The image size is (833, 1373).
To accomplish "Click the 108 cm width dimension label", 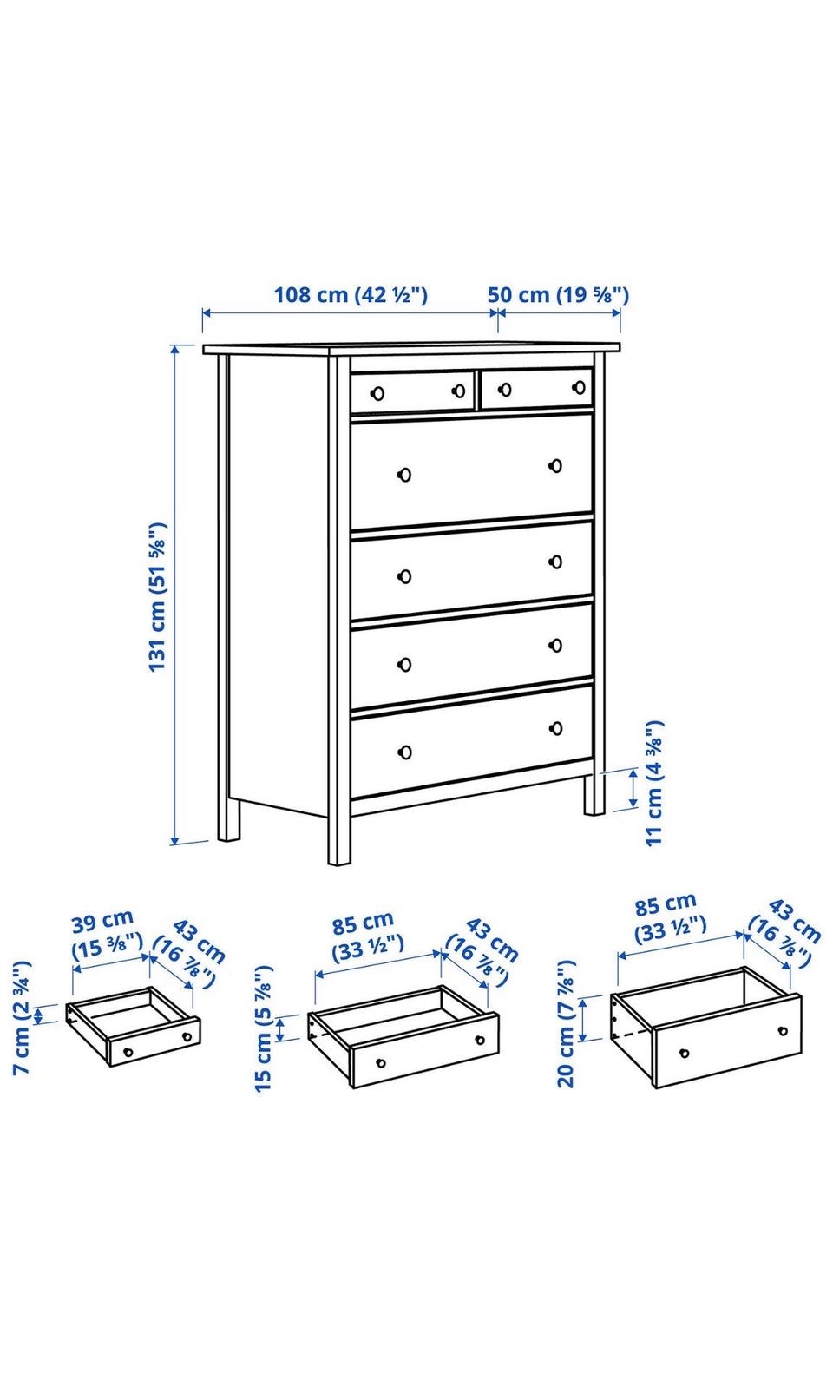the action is [350, 295].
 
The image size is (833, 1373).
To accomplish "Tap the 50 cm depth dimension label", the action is [559, 295].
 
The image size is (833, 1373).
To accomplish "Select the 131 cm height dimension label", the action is [158, 597].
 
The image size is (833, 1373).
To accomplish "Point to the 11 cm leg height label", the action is [654, 783].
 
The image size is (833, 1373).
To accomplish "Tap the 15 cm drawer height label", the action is [263, 1028].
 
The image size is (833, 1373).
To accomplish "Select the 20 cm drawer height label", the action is [566, 1023].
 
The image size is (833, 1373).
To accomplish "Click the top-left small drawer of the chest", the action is [412, 391].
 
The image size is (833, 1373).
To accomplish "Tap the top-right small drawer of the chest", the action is [537, 388].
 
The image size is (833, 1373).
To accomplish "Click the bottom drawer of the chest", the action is [471, 742].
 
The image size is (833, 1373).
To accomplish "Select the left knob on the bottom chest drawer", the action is [404, 752].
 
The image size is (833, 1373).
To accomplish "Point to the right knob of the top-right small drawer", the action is [579, 387].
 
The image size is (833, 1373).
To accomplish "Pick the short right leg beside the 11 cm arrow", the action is [594, 794].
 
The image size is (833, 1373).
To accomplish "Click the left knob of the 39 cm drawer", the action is [128, 1052].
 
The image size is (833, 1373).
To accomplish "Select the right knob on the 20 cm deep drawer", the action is [783, 1031].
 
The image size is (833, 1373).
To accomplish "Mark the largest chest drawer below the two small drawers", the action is [471, 470].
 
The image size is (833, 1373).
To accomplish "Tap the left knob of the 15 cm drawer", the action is [381, 1063].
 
